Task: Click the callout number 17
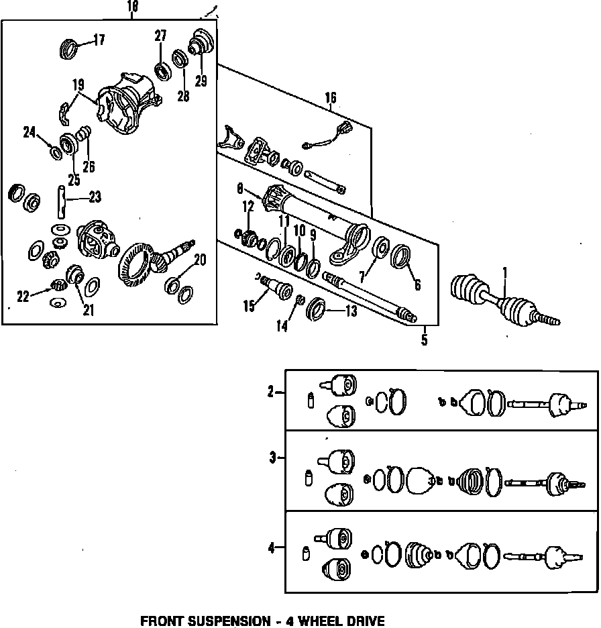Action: pyautogui.click(x=99, y=40)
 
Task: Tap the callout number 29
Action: pyautogui.click(x=201, y=81)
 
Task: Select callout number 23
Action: pyautogui.click(x=95, y=197)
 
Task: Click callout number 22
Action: pyautogui.click(x=23, y=297)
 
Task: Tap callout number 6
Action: pyautogui.click(x=417, y=285)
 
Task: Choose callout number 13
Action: pyautogui.click(x=350, y=311)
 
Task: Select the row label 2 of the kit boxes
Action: pyautogui.click(x=271, y=392)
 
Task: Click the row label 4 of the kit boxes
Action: pyautogui.click(x=271, y=548)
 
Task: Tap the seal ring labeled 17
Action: pyautogui.click(x=69, y=48)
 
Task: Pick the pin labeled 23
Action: pyautogui.click(x=61, y=203)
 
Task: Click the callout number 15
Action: pyautogui.click(x=250, y=306)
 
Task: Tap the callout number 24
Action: pyautogui.click(x=29, y=132)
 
